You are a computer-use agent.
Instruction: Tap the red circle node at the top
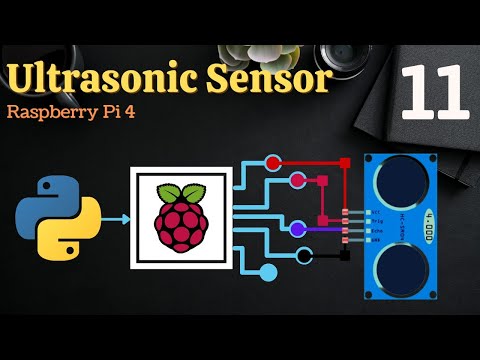[x=274, y=162]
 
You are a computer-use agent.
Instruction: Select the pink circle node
[x=297, y=181]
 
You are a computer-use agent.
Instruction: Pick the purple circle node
[x=297, y=229]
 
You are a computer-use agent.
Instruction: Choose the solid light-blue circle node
[x=268, y=271]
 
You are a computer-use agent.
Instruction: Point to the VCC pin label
[x=372, y=213]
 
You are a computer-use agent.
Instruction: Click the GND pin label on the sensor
[x=372, y=241]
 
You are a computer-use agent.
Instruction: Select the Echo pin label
[x=372, y=232]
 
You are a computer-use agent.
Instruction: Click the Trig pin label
[x=372, y=222]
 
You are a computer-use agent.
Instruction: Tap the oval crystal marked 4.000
[x=430, y=223]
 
